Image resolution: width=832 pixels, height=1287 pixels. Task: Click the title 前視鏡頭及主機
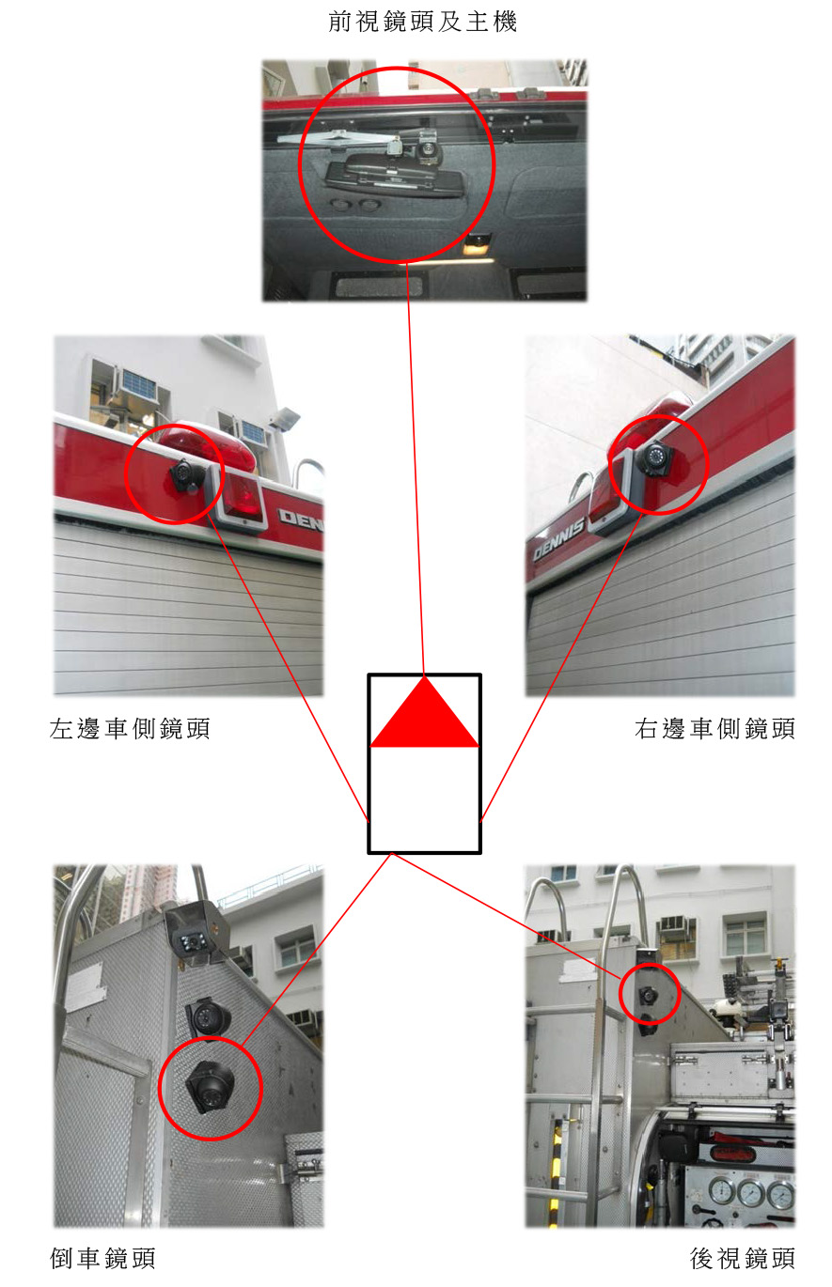pos(423,22)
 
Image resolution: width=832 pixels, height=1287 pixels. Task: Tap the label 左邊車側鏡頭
pos(130,728)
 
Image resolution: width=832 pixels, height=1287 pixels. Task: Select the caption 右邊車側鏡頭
pos(714,728)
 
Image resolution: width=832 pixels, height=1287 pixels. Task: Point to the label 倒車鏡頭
pos(102,1258)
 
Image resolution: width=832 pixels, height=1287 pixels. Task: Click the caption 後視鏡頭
pos(743,1258)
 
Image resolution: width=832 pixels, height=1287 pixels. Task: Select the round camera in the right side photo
pos(654,458)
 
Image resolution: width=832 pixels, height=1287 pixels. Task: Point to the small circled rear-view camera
pos(649,994)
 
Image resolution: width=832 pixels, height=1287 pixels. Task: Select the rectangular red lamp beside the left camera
pos(242,495)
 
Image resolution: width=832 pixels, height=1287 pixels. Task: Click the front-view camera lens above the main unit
pos(427,150)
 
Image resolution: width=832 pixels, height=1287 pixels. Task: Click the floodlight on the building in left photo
pos(284,417)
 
